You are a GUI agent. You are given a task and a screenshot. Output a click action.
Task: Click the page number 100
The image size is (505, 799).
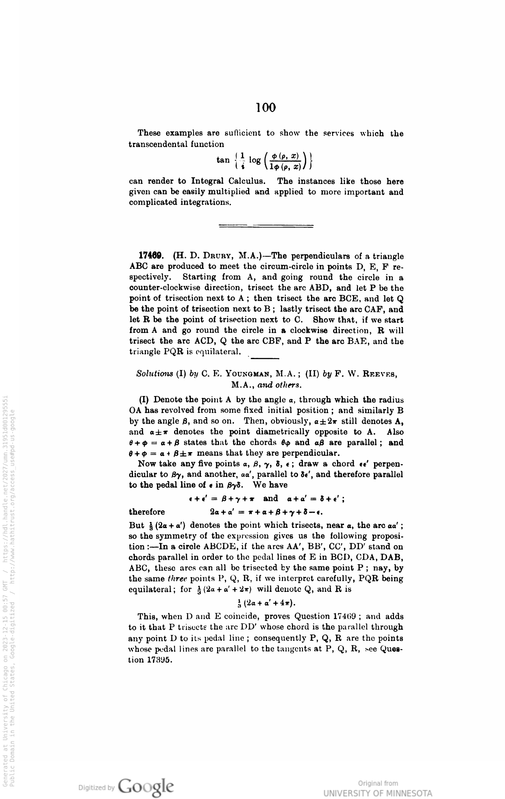click(266, 108)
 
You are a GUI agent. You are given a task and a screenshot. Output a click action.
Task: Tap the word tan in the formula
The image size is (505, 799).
click(223, 160)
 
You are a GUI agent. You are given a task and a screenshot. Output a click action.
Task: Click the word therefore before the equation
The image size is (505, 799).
click(147, 512)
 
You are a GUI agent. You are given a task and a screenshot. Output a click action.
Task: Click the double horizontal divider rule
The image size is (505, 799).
click(266, 226)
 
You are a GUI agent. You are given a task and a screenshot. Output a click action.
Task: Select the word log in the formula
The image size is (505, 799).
click(255, 160)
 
